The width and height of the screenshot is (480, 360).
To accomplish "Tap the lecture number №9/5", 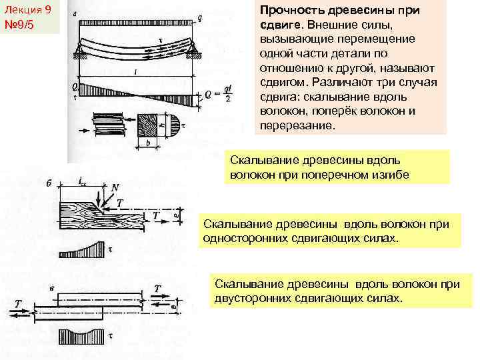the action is [22, 25].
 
